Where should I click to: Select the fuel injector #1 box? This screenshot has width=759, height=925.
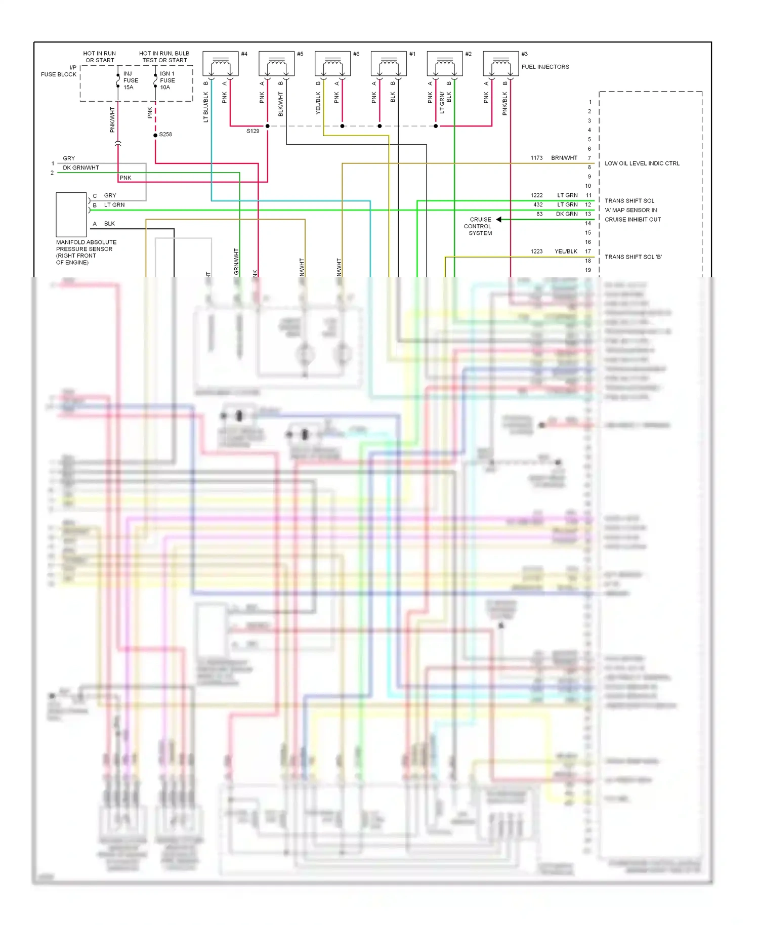(x=389, y=64)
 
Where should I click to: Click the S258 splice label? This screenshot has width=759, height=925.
(x=165, y=135)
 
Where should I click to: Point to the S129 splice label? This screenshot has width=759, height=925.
(x=252, y=131)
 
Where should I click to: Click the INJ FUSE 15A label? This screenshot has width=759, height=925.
(x=131, y=80)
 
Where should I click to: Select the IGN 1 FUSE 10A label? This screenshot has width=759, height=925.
(x=167, y=80)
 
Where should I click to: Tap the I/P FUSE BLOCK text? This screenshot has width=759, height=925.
(x=59, y=71)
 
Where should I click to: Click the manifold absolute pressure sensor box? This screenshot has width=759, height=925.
(x=71, y=215)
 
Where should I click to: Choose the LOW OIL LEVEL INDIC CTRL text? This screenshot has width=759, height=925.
(x=642, y=163)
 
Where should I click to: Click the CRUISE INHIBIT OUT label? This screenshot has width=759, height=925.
(x=632, y=220)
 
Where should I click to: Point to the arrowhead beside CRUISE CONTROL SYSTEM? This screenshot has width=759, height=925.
(x=499, y=220)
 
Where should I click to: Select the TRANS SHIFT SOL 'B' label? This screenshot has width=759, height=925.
(x=633, y=257)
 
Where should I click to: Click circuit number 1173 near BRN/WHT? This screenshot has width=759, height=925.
(x=536, y=158)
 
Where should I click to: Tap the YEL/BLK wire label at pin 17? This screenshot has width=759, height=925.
(x=566, y=251)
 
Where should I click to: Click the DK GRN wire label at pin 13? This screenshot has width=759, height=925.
(x=567, y=214)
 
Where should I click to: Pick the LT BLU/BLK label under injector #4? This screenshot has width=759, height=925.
(x=206, y=107)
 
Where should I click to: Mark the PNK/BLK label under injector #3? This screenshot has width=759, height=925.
(x=504, y=103)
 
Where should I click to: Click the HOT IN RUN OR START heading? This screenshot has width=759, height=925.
(x=100, y=57)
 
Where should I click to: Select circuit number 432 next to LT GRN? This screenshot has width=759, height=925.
(x=538, y=205)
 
